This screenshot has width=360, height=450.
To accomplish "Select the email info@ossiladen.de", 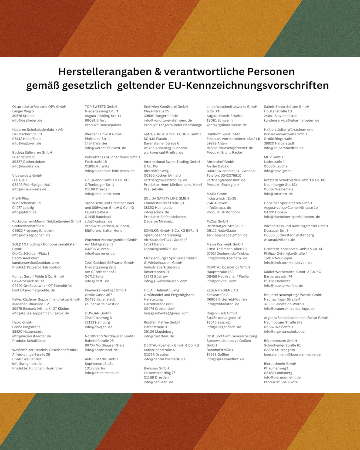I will [x=27, y=120].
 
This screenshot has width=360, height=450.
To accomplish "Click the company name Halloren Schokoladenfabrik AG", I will [x=37, y=130].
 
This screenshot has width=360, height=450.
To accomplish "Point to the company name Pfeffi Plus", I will [x=21, y=198].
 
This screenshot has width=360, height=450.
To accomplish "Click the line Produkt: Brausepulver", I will [x=103, y=125].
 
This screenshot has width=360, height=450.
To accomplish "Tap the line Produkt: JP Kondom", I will [x=223, y=212].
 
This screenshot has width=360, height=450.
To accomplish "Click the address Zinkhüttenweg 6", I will [x=98, y=318].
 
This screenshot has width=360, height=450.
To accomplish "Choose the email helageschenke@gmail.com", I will [x=166, y=313].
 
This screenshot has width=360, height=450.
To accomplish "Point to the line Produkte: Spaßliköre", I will [x=281, y=382].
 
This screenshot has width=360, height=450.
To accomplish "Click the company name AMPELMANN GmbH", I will [x=101, y=359].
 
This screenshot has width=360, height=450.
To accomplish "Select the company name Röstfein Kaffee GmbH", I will [x=162, y=322].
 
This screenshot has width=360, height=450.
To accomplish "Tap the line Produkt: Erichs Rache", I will [x=224, y=152].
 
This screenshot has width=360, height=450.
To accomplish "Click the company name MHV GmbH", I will [x=273, y=157].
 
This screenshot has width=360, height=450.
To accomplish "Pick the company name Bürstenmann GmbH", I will [x=280, y=341].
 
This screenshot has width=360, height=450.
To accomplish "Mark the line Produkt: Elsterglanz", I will [x=223, y=184].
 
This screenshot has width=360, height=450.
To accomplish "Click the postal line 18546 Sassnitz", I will [x=218, y=322].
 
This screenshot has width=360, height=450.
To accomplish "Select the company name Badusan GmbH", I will [x=156, y=368].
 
